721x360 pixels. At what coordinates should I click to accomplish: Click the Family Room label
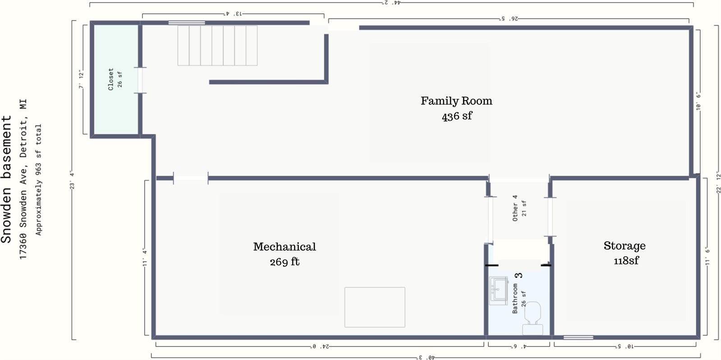[456, 101]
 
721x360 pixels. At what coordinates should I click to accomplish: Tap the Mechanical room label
[285, 247]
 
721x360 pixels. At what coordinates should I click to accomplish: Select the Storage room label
[625, 246]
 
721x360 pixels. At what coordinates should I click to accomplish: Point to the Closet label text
[111, 79]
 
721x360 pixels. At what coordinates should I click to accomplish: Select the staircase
[218, 46]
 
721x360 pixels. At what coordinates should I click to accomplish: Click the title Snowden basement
[6, 180]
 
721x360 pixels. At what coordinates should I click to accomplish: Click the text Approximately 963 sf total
[38, 180]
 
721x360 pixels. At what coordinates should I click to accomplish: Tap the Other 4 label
[515, 208]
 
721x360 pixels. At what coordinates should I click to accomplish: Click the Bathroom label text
[515, 298]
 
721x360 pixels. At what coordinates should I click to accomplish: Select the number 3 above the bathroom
[519, 275]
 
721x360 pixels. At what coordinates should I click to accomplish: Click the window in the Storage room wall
[579, 337]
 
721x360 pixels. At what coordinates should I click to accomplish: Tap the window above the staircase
[187, 23]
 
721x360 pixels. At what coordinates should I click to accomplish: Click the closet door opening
[140, 80]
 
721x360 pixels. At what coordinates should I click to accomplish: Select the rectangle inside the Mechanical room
[375, 307]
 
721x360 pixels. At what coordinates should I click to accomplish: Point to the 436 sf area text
[457, 116]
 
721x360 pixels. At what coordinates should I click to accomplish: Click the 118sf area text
[626, 260]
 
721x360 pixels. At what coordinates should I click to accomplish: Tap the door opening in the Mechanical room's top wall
[191, 178]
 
